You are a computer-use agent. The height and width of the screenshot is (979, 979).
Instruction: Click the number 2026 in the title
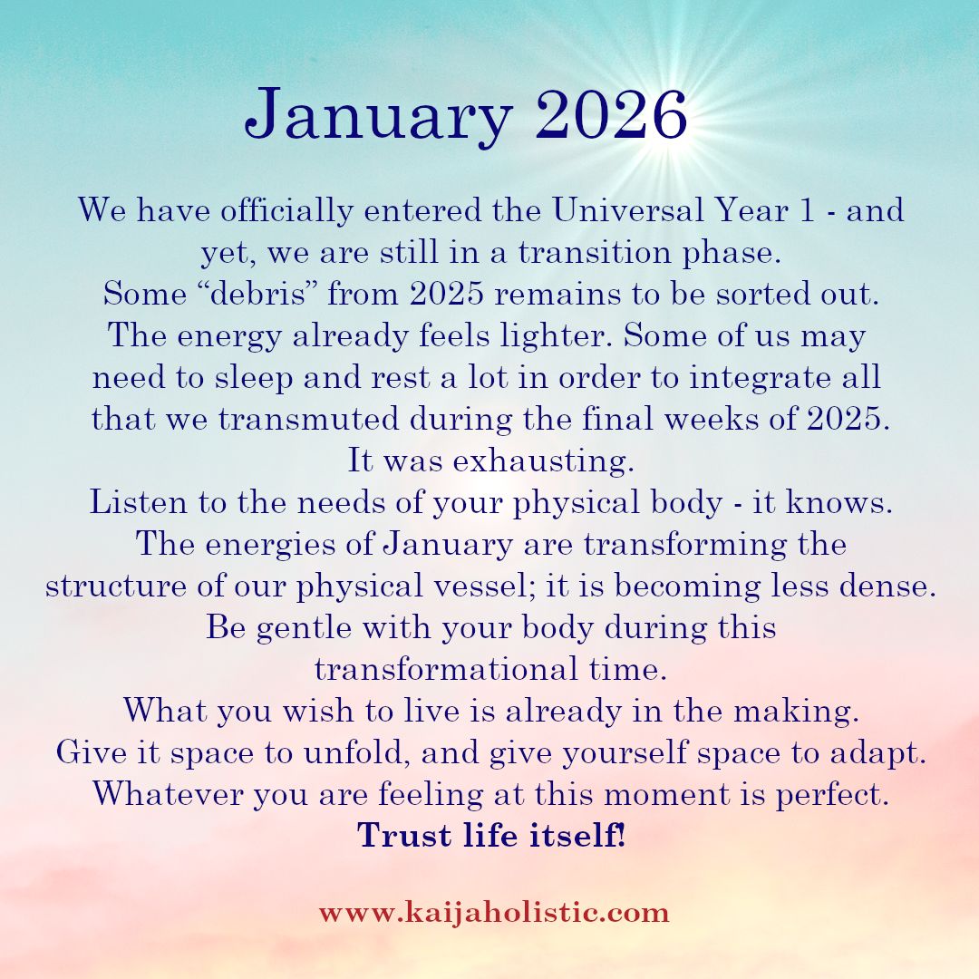(611, 115)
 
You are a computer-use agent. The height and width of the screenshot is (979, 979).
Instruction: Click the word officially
(286, 209)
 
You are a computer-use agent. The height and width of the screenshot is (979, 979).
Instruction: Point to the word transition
(595, 252)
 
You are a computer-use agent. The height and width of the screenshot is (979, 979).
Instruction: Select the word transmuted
(308, 419)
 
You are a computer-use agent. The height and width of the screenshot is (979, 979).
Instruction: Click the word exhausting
(543, 461)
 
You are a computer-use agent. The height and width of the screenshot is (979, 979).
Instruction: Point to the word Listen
(139, 502)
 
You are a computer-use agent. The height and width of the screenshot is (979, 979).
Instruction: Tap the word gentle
(304, 628)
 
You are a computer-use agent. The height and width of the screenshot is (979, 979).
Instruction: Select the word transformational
(446, 669)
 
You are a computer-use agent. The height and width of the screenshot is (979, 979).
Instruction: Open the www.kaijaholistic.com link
(494, 913)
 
